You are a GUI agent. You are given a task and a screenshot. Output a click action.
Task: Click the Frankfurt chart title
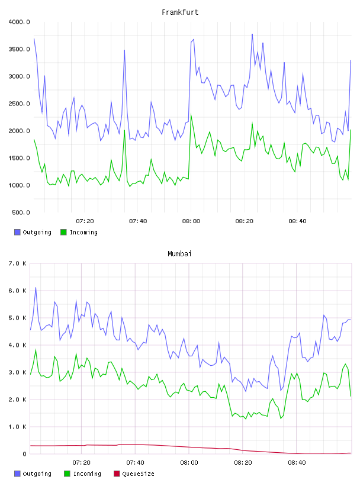(180, 12)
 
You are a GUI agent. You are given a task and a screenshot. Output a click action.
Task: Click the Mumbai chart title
(179, 254)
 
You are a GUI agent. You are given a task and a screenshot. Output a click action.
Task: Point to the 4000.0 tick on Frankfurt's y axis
(19, 22)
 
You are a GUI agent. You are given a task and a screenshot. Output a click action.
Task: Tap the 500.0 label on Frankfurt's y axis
(21, 212)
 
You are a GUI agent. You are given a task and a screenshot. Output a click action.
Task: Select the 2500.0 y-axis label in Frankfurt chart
(19, 104)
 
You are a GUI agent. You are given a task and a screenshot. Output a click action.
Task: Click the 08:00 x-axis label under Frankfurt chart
(191, 221)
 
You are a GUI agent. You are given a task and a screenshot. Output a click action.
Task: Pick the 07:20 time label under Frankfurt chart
(85, 221)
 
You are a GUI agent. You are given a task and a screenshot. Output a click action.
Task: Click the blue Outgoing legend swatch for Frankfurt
(17, 232)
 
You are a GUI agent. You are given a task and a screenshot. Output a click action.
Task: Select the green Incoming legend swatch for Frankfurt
(63, 232)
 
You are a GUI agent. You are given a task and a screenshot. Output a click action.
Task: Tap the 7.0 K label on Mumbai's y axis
(18, 263)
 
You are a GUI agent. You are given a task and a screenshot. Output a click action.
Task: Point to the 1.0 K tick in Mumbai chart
(18, 427)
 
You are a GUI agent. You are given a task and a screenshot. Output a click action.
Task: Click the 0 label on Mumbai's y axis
(25, 454)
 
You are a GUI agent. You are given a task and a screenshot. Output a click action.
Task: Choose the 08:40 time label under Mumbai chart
(297, 463)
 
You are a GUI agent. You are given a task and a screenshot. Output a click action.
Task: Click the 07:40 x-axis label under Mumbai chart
(136, 463)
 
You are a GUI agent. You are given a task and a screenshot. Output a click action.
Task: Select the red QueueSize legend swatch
(117, 474)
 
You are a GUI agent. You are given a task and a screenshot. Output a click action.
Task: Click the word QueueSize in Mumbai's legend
(138, 474)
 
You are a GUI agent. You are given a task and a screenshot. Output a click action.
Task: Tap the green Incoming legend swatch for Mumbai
(67, 474)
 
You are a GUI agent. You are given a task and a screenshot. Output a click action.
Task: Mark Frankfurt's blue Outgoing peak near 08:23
(252, 34)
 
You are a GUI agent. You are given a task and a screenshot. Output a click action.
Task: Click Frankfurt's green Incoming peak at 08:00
(191, 115)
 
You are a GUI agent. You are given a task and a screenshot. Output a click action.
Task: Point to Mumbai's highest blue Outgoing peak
(36, 288)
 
